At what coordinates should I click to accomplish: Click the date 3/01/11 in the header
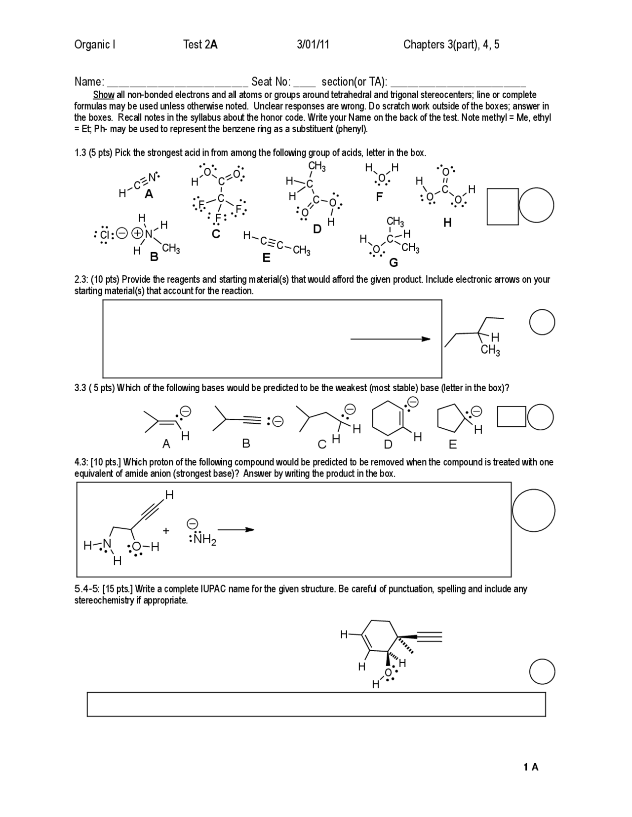click(x=313, y=45)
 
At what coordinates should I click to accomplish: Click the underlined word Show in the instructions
click(x=104, y=95)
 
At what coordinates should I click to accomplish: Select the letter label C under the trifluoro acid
click(x=216, y=234)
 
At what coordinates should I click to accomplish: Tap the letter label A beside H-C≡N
click(x=149, y=195)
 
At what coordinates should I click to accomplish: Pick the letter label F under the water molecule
click(x=379, y=197)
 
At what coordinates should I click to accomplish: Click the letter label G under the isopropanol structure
click(x=394, y=262)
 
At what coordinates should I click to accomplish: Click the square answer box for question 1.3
click(x=503, y=206)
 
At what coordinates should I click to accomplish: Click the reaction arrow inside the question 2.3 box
click(x=390, y=339)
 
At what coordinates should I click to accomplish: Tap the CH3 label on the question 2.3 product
click(x=490, y=351)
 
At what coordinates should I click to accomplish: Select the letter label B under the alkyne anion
click(x=246, y=444)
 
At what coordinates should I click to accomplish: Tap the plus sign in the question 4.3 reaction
click(x=166, y=531)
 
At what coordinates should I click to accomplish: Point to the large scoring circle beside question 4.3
click(x=533, y=510)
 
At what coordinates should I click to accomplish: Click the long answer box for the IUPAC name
click(x=316, y=704)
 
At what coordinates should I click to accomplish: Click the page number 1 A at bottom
click(x=531, y=767)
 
